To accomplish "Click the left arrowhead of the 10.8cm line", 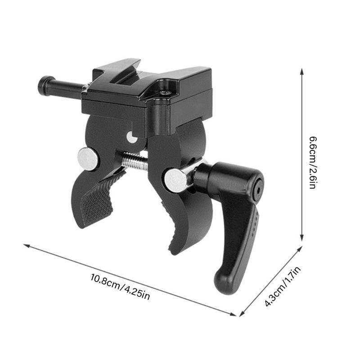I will (26, 246).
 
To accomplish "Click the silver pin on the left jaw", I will (86, 158).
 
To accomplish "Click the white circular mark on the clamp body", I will (132, 137).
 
